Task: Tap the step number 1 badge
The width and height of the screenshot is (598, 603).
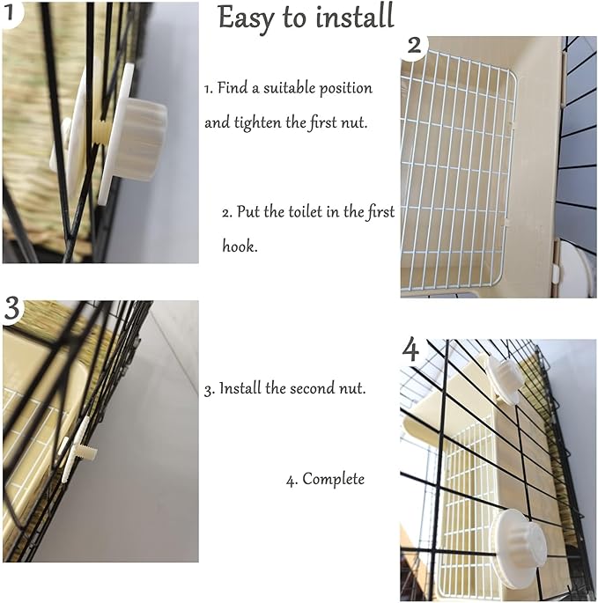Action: pyautogui.click(x=11, y=12)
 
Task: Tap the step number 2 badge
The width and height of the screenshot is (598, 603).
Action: pyautogui.click(x=414, y=46)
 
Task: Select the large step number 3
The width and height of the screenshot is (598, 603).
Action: pyautogui.click(x=12, y=308)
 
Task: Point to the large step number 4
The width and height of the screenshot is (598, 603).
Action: pyautogui.click(x=410, y=349)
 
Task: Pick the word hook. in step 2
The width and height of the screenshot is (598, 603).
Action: pyautogui.click(x=240, y=246)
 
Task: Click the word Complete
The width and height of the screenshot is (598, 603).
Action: pyautogui.click(x=333, y=480)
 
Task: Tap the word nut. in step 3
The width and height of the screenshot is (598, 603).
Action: pyautogui.click(x=352, y=388)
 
